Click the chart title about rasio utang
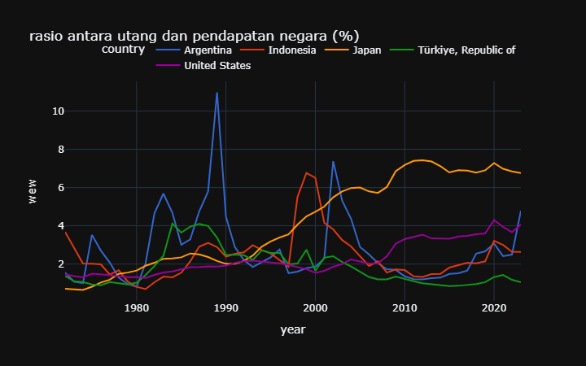tap(194, 36)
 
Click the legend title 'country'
tap(124, 50)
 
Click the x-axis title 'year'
tap(293, 329)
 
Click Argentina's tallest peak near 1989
tap(216, 93)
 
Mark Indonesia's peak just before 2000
tap(306, 173)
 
